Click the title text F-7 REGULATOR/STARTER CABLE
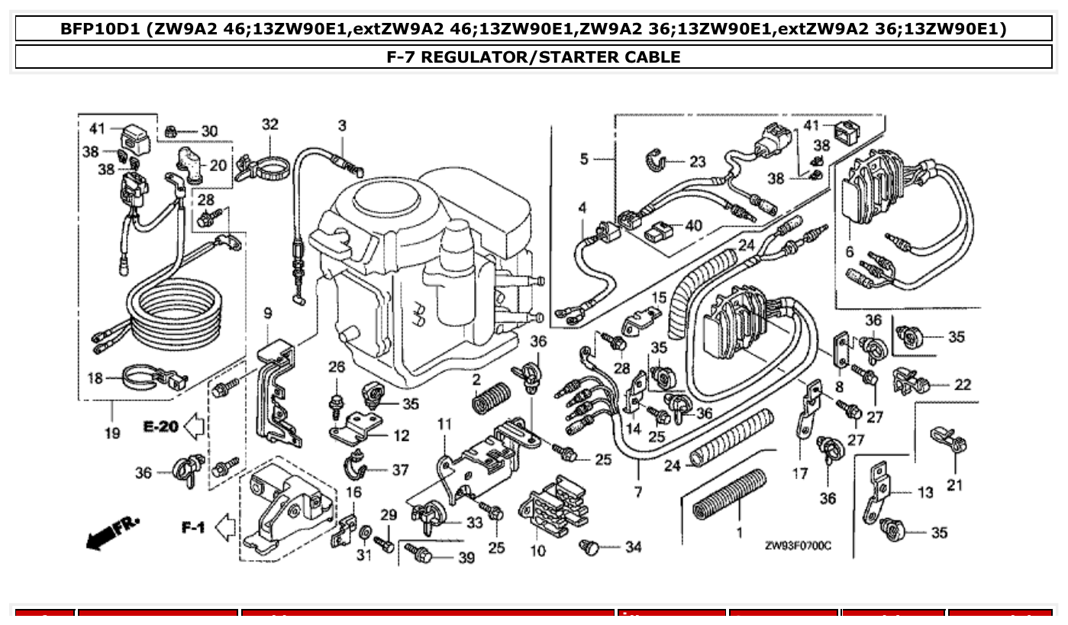coord(534,57)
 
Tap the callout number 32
coord(270,124)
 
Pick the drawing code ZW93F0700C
coord(798,546)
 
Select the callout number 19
coord(112,433)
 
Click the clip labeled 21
coord(949,440)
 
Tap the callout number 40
coord(692,225)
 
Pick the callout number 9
coord(267,312)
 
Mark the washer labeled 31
coord(366,530)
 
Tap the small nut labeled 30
coord(172,131)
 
